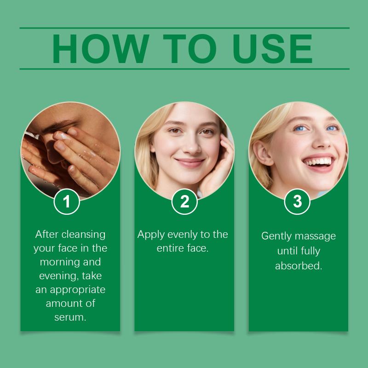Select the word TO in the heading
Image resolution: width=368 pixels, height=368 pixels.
[190, 49]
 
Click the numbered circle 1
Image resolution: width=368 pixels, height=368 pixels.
[67, 201]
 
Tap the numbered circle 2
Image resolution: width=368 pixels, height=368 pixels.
[184, 201]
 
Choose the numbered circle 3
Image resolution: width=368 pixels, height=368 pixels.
[297, 201]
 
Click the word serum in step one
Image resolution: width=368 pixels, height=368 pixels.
[70, 317]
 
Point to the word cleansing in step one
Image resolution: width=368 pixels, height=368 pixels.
[83, 235]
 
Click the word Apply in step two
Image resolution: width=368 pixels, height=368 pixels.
[151, 235]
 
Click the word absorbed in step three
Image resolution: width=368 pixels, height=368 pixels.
[299, 266]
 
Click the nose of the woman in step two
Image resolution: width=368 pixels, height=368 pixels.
[192, 145]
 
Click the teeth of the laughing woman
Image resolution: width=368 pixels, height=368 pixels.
[318, 162]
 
